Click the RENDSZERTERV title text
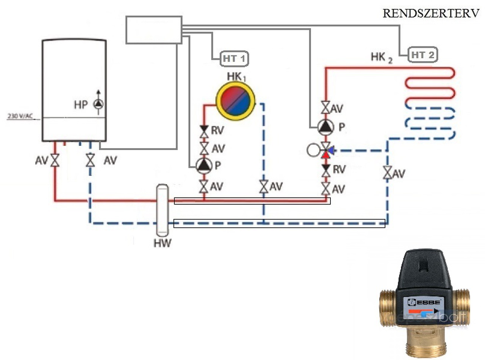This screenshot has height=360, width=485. tap(431, 13)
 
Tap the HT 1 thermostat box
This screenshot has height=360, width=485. tap(235, 59)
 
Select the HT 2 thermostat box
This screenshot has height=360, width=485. tap(422, 55)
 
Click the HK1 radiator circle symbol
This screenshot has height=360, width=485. tap(235, 100)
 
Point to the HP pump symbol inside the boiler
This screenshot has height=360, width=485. tap(98, 103)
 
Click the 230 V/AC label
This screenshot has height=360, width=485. tap(20, 116)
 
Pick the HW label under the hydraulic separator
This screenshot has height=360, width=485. tap(162, 243)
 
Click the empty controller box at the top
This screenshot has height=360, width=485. tap(153, 29)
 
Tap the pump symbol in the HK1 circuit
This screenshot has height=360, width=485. tap(204, 164)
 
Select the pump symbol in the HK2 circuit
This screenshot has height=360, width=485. tap(325, 127)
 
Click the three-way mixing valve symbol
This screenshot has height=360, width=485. tap(325, 150)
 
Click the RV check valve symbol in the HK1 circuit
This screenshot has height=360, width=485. tap(204, 131)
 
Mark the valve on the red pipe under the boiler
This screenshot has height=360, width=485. tap(55, 161)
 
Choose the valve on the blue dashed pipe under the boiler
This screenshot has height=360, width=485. tap(90, 161)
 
